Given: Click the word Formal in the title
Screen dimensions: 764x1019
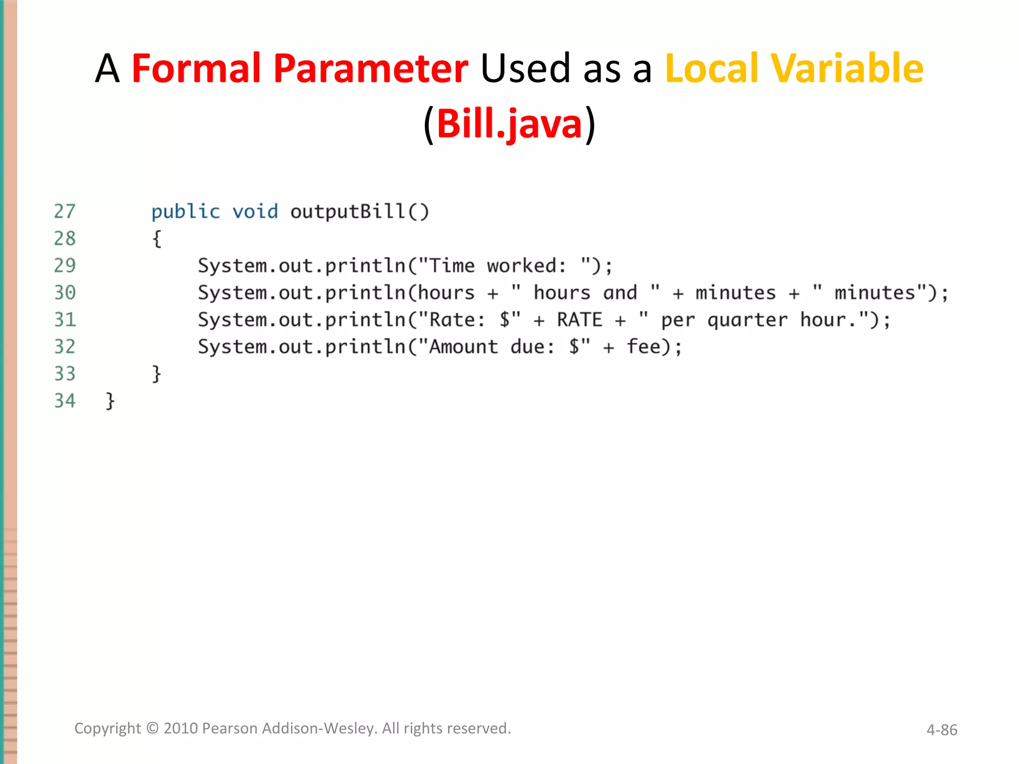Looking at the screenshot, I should (x=197, y=68).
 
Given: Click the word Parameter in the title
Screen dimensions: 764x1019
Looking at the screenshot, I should (x=371, y=68).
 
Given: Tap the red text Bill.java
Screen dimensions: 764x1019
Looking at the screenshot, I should (x=509, y=124).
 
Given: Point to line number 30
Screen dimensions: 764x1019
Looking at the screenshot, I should (x=65, y=293).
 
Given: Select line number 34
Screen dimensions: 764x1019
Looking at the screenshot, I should (x=65, y=401).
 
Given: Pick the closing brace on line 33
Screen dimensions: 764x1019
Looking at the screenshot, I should (x=157, y=374).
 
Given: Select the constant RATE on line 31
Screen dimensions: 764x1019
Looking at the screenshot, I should (x=580, y=320).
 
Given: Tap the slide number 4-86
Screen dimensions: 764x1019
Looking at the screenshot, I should (x=941, y=730).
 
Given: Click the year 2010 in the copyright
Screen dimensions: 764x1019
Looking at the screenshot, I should (x=181, y=728).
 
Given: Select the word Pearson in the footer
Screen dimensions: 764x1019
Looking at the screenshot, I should (x=229, y=728).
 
